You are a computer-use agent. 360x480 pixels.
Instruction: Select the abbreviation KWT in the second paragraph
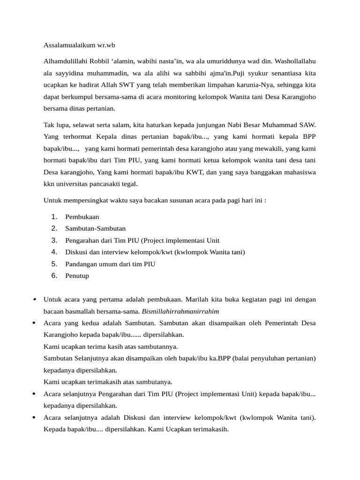tap(195, 172)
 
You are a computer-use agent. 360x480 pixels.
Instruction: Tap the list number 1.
tap(54, 217)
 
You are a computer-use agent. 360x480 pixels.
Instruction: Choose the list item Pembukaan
tap(82, 217)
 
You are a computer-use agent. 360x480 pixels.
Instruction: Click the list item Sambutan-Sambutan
tap(95, 229)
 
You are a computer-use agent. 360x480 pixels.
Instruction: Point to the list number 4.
tap(54, 252)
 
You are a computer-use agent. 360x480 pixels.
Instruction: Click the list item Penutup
tap(77, 276)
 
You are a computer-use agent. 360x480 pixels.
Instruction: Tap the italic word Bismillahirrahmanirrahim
tap(181, 312)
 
